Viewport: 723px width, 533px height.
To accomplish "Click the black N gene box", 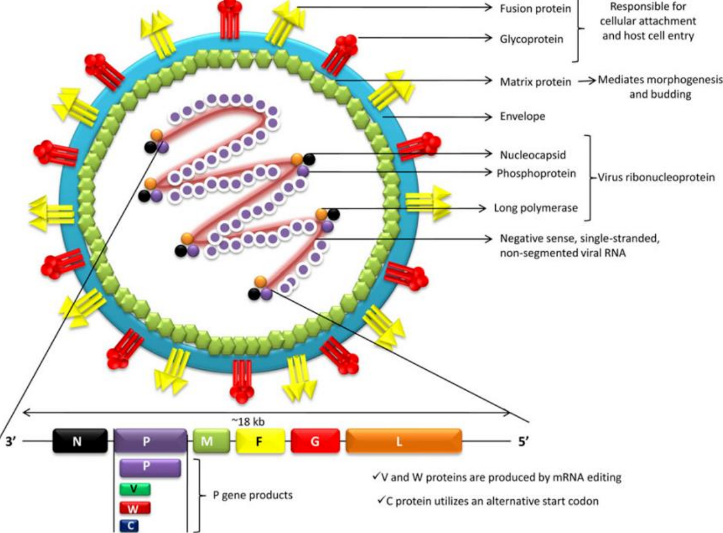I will (x=80, y=441).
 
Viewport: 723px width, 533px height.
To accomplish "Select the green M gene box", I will (x=211, y=441).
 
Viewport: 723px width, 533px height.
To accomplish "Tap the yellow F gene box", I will (x=260, y=441).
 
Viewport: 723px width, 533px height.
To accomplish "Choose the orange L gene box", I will (x=403, y=441).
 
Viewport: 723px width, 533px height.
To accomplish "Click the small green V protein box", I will (x=135, y=489).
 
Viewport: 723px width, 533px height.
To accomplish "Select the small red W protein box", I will (x=135, y=507).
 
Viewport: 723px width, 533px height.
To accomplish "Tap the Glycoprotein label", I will (x=529, y=38).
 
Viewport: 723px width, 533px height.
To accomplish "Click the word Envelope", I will (x=522, y=117).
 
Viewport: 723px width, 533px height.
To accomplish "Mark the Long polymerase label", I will (x=535, y=208).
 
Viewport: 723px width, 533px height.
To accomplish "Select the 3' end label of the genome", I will (x=12, y=441).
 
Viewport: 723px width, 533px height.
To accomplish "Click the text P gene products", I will (x=253, y=495).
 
